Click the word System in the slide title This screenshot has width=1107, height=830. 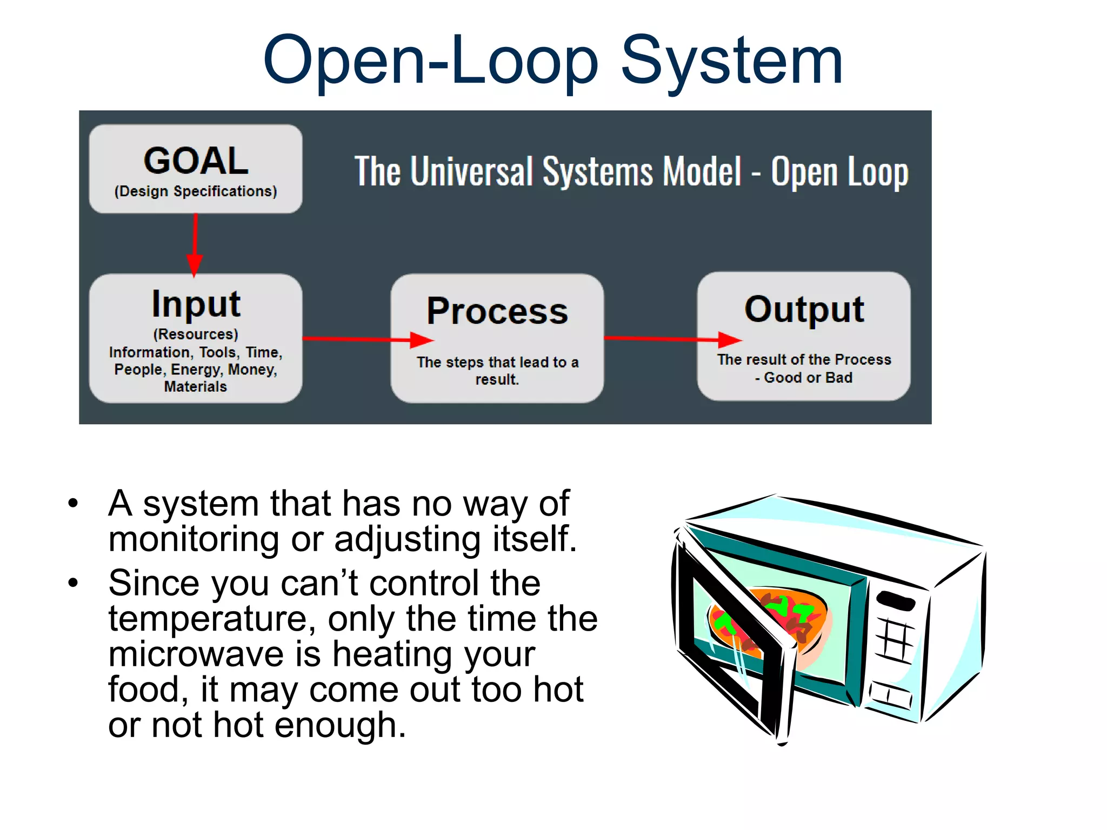click(x=731, y=61)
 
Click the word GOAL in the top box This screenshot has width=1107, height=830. click(x=196, y=161)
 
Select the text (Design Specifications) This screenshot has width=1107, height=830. click(x=196, y=191)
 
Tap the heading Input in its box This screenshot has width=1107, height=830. click(x=196, y=304)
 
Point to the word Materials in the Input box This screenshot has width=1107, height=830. click(x=196, y=387)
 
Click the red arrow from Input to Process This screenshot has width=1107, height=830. click(x=368, y=339)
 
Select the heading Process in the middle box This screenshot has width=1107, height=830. click(x=497, y=311)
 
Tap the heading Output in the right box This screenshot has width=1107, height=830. click(x=804, y=309)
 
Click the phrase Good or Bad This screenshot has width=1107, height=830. click(x=808, y=378)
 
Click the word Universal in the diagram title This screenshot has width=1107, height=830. click(x=472, y=172)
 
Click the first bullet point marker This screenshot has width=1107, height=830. click(x=73, y=504)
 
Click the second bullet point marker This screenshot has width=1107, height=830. click(x=73, y=583)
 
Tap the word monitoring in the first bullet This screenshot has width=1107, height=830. click(x=194, y=539)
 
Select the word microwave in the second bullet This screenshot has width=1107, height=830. click(x=196, y=654)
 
